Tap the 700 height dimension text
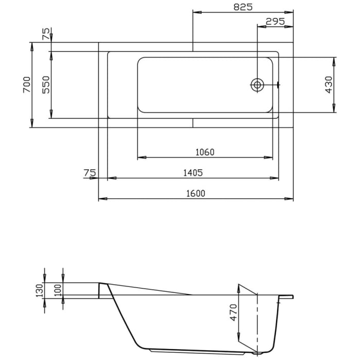(27, 85)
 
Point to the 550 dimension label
(46, 85)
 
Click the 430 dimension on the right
(329, 84)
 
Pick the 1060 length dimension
(205, 152)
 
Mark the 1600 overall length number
(196, 193)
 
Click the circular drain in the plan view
(257, 85)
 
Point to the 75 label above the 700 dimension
(46, 34)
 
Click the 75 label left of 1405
(89, 173)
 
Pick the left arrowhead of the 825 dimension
(195, 11)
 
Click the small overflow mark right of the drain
(278, 85)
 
